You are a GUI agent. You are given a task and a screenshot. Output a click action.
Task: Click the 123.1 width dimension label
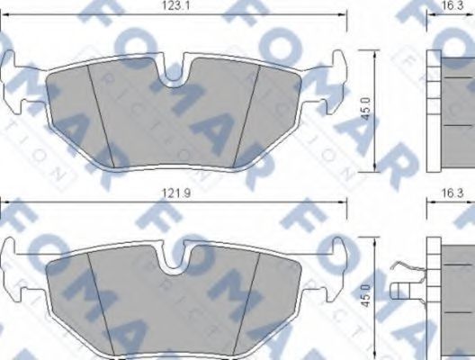pos(173,6)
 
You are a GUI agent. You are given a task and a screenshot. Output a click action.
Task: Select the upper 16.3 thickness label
pos(453,6)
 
